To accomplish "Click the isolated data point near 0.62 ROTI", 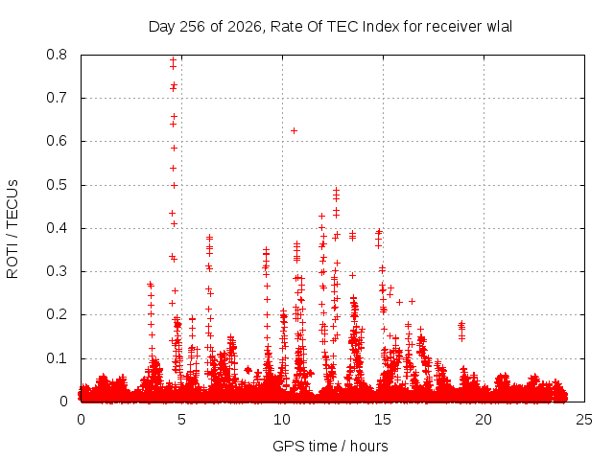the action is tap(294, 130).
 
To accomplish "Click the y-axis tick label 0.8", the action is tap(57, 55).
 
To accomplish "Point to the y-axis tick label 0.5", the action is tap(57, 185).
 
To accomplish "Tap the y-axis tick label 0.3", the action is tap(57, 271).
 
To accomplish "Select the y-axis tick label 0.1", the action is tap(57, 357).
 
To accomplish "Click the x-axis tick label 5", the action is tap(181, 420).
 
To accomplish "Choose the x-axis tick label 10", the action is tap(282, 420).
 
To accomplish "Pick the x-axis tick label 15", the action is tap(383, 420).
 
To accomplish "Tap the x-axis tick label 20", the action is tap(484, 420).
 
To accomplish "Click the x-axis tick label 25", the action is tap(584, 420).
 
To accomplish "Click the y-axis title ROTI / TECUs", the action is tap(12, 229).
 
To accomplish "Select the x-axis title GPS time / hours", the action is tap(330, 446).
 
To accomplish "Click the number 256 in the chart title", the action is tap(192, 26).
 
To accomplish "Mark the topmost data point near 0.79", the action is tap(173, 59).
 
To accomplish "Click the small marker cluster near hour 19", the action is tap(462, 331).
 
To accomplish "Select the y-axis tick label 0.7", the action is tap(57, 98).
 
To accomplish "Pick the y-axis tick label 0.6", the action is tap(57, 141).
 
